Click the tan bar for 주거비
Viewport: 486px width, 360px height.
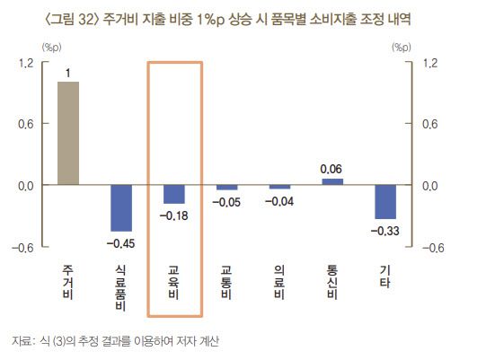pos(68,133)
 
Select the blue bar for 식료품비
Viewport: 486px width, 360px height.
pos(121,207)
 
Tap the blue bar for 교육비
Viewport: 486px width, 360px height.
pos(174,194)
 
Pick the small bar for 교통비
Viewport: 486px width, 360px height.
pos(227,188)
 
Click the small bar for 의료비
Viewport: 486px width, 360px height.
pos(279,187)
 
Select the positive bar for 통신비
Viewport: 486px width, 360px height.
pos(332,181)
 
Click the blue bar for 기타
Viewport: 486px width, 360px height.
pos(385,201)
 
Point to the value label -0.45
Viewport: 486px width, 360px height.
pos(121,242)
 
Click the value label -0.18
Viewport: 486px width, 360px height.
pos(174,215)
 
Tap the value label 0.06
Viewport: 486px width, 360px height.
pos(332,168)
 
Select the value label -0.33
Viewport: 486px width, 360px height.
pos(385,231)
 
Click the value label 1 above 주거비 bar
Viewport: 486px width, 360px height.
pos(68,71)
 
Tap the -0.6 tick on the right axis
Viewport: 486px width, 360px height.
pos(434,249)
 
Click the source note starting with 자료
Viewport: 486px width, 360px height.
pos(113,341)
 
